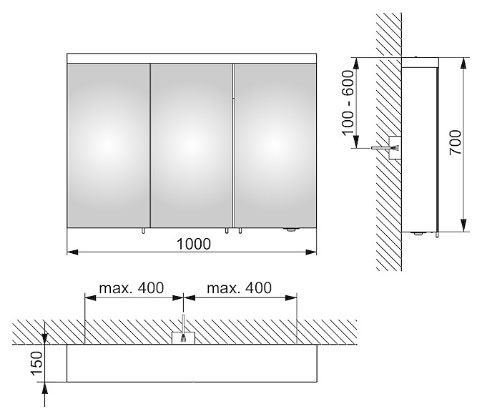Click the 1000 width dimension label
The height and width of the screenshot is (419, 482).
pos(194,244)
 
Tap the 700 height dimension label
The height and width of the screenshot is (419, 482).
pos(456,142)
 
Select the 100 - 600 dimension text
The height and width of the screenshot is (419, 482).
pos(348,103)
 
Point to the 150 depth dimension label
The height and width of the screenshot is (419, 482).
pos(36,363)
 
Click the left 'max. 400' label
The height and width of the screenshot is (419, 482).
pos(132,288)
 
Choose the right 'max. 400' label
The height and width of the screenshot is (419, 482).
pos(239,288)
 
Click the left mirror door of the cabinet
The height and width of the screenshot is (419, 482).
pos(108,146)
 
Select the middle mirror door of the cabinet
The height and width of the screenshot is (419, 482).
pos(192,146)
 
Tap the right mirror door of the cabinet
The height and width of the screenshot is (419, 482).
pos(275,146)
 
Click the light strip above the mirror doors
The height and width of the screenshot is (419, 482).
pos(192,59)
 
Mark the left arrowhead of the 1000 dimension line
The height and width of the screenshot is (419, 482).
pos(72,252)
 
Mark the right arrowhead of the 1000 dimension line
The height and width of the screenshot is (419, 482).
pos(311,252)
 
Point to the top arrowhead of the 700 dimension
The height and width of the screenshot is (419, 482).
pos(463,64)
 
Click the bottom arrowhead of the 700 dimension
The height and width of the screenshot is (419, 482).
pos(463,226)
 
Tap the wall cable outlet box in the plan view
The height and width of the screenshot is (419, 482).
pos(183,337)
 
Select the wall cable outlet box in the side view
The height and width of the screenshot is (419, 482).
pos(395,147)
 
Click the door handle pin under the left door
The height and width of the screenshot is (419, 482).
pos(143,231)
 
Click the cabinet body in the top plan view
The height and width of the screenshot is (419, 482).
pos(192,363)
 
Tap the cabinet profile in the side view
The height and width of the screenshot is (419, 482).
pos(420,144)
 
